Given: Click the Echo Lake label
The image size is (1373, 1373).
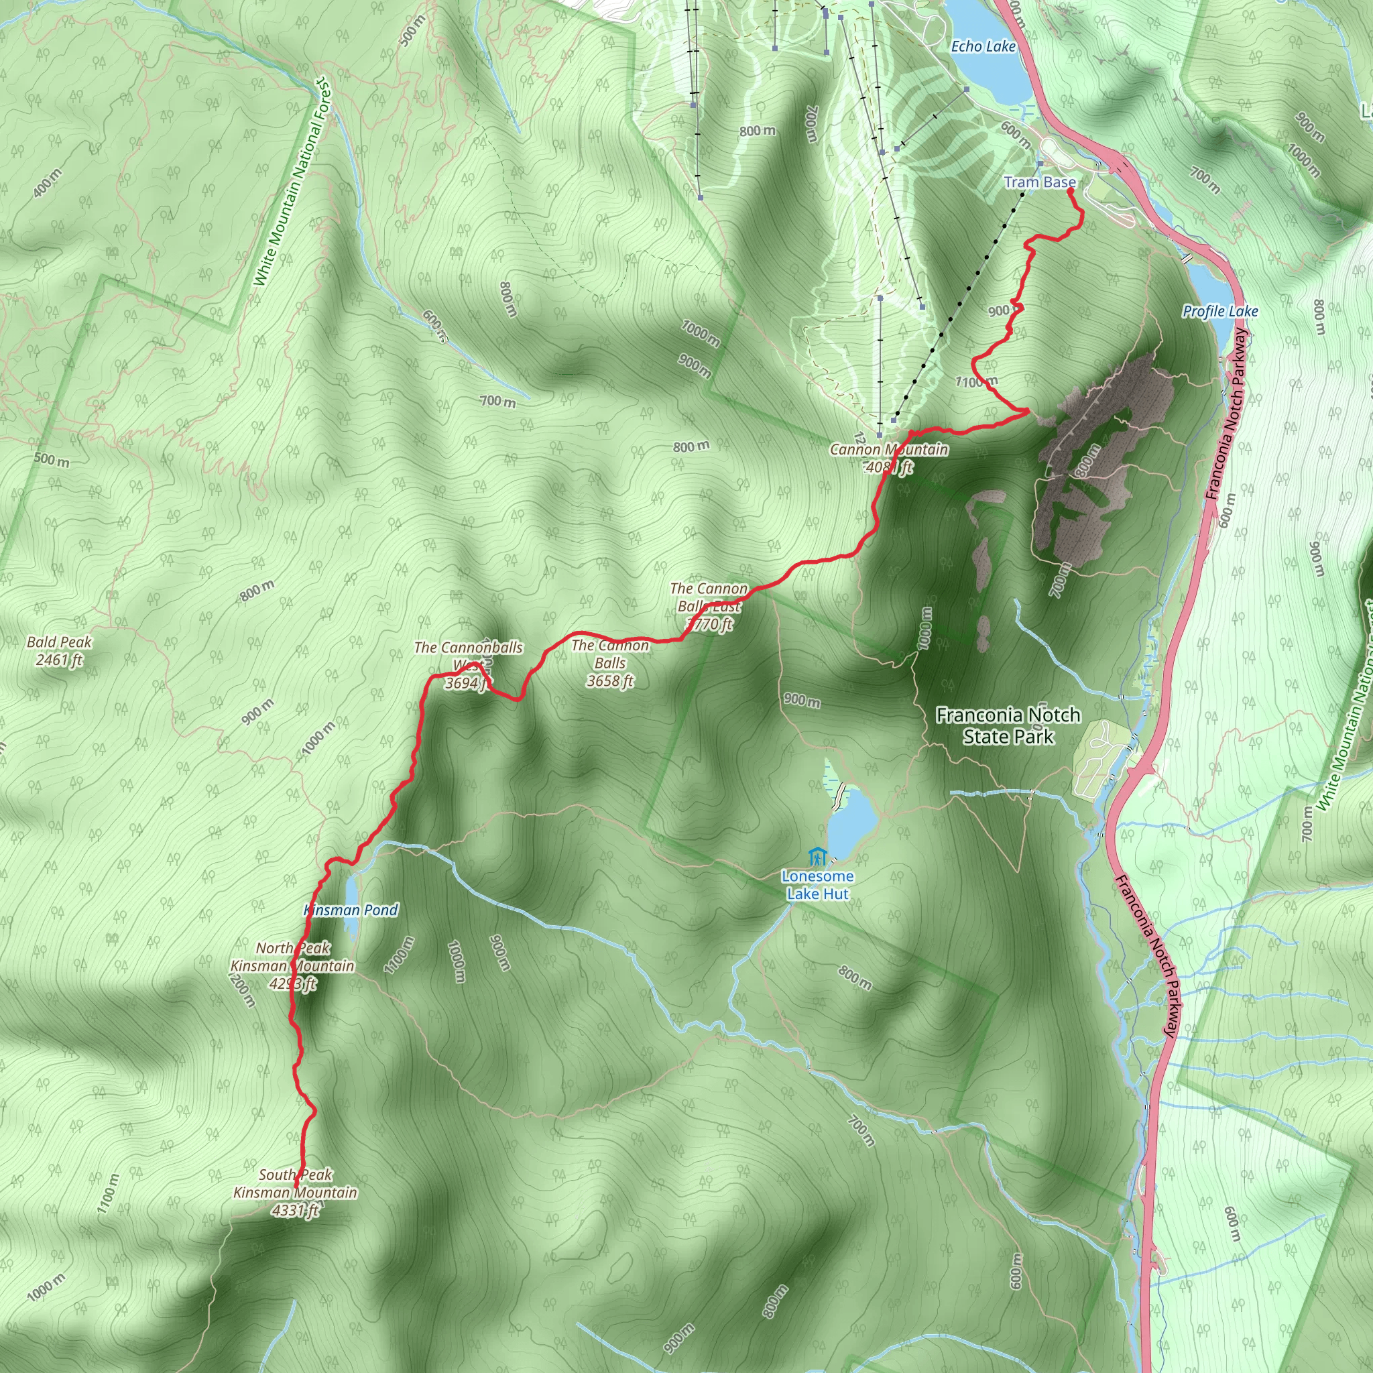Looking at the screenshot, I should [983, 47].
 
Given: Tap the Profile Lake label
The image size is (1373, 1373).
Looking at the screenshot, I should [1219, 311].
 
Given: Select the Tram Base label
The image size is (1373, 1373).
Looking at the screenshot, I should [1039, 182].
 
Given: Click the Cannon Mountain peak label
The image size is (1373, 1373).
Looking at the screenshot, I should [888, 459].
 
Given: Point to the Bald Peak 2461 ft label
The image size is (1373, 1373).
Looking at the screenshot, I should [59, 651].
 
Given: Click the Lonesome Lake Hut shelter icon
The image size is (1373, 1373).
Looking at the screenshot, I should [817, 856].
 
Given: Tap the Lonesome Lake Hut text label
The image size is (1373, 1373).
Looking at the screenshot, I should [817, 886].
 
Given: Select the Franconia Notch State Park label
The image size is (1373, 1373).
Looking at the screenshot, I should [1008, 725].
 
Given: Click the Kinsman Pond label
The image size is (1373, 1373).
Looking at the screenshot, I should [351, 910].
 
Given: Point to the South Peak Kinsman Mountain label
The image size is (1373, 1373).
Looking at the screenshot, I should [295, 1193].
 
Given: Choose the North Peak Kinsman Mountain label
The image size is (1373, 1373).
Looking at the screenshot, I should [292, 966].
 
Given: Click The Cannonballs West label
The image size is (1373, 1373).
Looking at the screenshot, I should [469, 665].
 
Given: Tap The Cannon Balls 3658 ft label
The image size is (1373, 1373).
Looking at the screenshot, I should [610, 664].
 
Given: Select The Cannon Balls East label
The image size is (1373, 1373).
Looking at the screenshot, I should [709, 606].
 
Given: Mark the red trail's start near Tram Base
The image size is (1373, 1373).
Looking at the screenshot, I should [1069, 190].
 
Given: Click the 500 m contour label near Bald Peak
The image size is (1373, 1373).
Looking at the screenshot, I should [52, 460].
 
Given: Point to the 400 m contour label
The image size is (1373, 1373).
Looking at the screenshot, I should [47, 183].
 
